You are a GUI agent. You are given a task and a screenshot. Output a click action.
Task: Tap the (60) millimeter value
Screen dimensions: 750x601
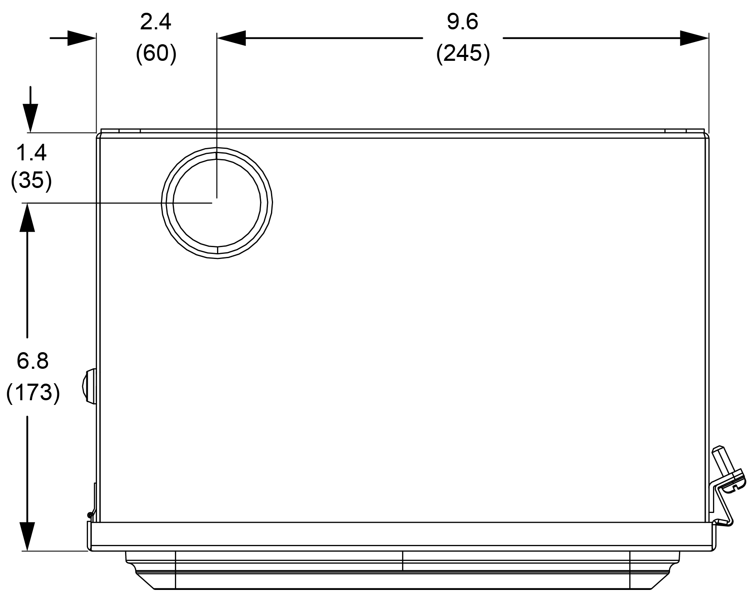(156, 54)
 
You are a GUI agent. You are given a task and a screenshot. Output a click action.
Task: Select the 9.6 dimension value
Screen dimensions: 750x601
(462, 22)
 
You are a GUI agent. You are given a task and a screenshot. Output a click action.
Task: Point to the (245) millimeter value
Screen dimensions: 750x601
(463, 54)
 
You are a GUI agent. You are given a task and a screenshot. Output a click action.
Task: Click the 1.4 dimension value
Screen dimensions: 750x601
(31, 153)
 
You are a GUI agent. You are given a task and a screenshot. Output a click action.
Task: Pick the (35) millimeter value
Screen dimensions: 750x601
(31, 181)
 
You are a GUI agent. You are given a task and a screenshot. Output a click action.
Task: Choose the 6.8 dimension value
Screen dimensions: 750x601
(33, 361)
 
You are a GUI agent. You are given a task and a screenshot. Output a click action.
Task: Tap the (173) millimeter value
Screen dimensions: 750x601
(33, 392)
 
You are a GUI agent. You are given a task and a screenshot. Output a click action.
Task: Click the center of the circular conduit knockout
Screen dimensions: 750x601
(217, 203)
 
